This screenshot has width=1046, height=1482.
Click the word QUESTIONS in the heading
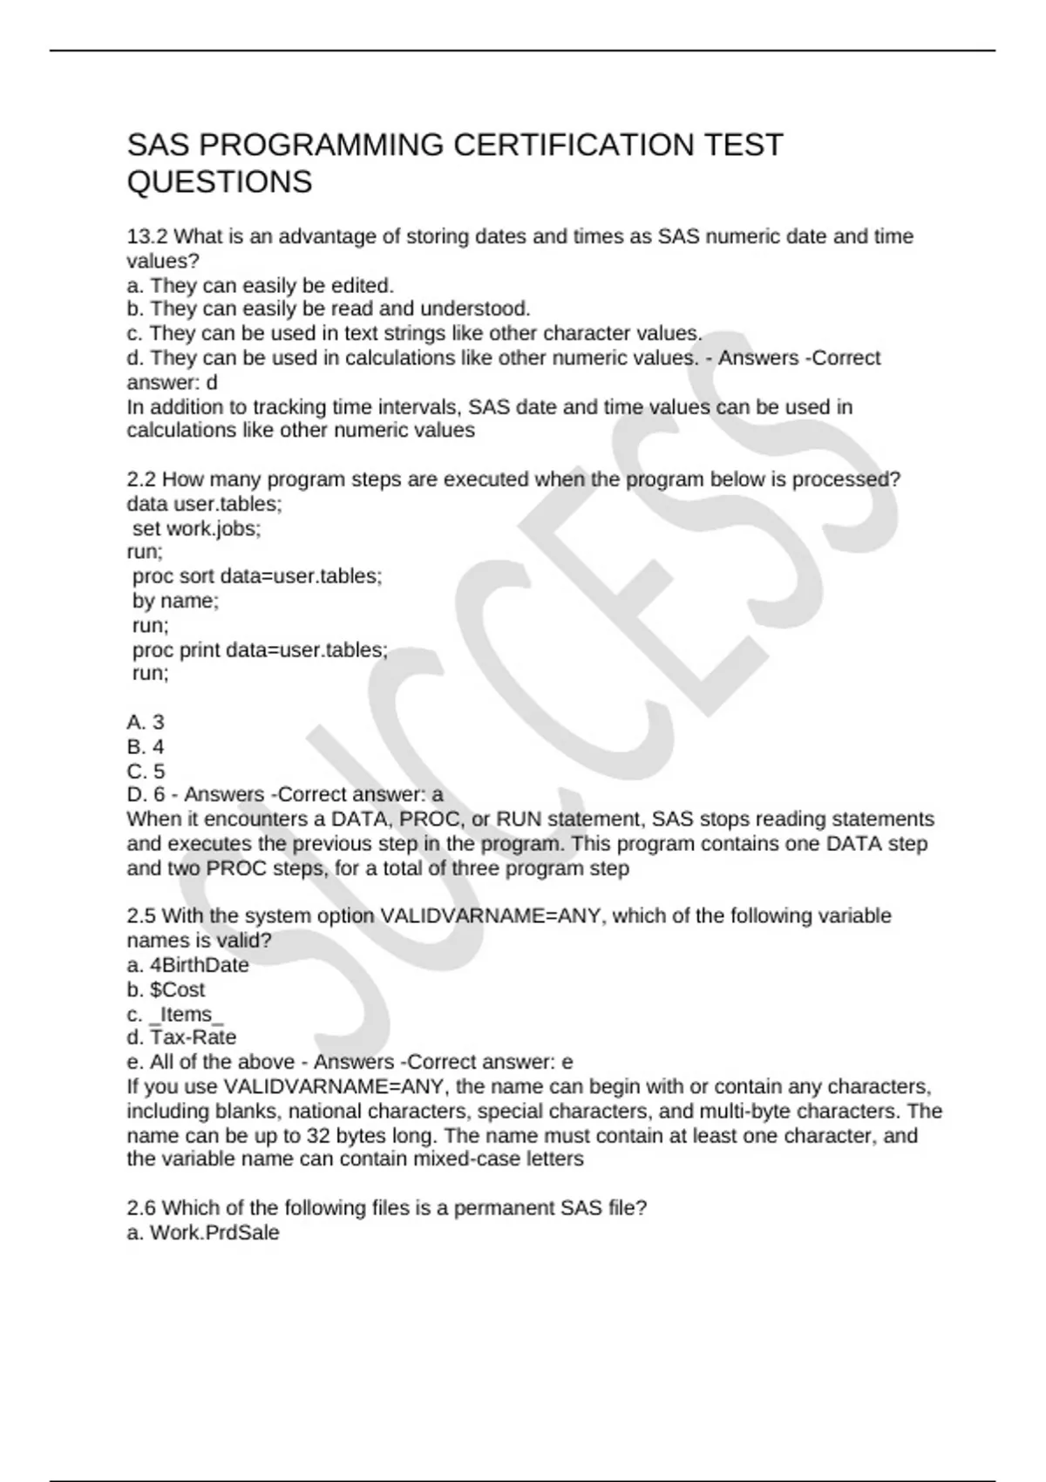click(219, 182)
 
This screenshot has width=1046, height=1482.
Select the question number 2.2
click(141, 479)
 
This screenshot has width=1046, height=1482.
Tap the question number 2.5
click(141, 916)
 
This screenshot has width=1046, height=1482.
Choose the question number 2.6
click(141, 1208)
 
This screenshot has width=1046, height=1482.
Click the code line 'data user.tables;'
click(204, 504)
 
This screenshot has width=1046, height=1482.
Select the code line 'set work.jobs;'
click(196, 528)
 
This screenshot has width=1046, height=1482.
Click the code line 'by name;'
click(175, 601)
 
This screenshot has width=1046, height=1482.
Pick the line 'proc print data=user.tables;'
click(260, 650)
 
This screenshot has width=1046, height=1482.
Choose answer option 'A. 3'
click(146, 722)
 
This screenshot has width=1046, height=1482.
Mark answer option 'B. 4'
click(146, 746)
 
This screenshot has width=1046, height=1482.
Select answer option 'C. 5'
click(146, 771)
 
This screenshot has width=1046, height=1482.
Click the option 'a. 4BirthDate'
click(187, 965)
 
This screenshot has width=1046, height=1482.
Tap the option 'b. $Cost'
click(166, 989)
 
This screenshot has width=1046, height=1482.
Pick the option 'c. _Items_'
click(175, 1014)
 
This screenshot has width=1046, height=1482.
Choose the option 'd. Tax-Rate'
click(181, 1037)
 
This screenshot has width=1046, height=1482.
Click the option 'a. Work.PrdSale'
click(203, 1233)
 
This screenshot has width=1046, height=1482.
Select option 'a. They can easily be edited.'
click(260, 285)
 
